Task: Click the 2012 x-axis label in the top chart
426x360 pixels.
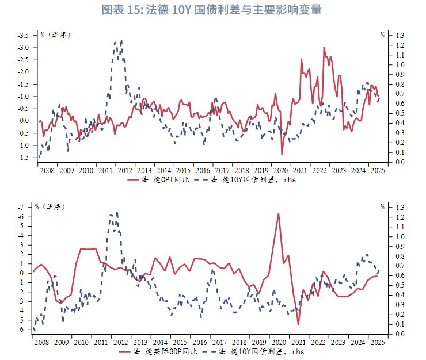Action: point(125,170)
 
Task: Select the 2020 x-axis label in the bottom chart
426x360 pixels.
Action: point(280,343)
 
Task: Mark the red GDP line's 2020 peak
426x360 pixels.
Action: point(279,214)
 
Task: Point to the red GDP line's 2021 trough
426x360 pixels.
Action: point(298,324)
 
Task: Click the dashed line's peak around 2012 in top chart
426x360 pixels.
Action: point(121,40)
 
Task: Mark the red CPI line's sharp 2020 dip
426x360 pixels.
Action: point(282,154)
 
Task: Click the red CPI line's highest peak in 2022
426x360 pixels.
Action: point(324,48)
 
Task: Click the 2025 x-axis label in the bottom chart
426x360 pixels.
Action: point(377,343)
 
